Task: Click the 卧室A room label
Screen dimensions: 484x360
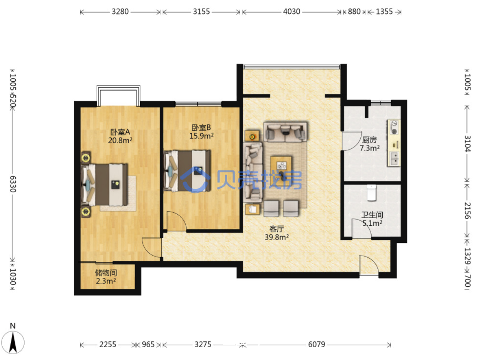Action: pos(120,132)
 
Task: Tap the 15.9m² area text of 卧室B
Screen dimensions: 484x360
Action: pos(201,136)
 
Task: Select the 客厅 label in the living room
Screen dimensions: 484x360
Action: pos(276,229)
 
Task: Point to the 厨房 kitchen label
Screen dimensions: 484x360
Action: pos(369,140)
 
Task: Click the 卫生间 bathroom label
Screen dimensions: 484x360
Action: pos(372,215)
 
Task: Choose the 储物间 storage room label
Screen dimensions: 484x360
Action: pos(106,273)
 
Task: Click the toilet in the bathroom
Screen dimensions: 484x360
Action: pos(372,192)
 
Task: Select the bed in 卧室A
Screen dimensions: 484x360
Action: pos(104,185)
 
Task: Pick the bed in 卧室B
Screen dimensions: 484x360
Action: pos(187,171)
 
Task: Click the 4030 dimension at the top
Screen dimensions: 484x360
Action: pos(291,11)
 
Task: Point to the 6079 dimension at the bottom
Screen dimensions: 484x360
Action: pos(317,344)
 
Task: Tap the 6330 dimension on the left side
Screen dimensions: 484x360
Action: pos(13,184)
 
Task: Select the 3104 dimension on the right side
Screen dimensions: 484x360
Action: pos(467,143)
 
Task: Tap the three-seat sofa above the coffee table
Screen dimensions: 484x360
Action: pos(285,132)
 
